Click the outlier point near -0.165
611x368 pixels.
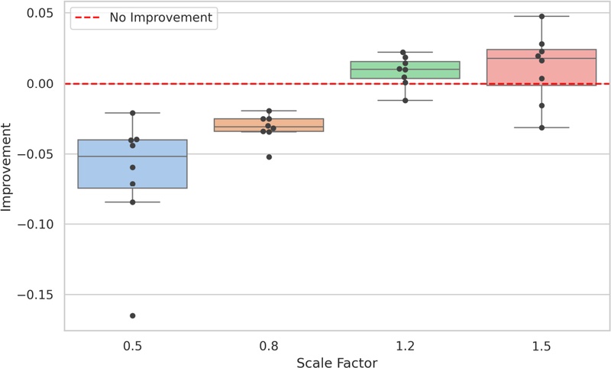click(132, 315)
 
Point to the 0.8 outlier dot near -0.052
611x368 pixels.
click(269, 157)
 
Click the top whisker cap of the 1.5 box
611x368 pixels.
click(541, 16)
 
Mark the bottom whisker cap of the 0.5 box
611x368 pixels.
click(132, 202)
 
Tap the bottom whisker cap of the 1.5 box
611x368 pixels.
click(541, 128)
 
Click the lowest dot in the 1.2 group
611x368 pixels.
click(405, 101)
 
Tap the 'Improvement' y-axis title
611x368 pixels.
click(9, 172)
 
